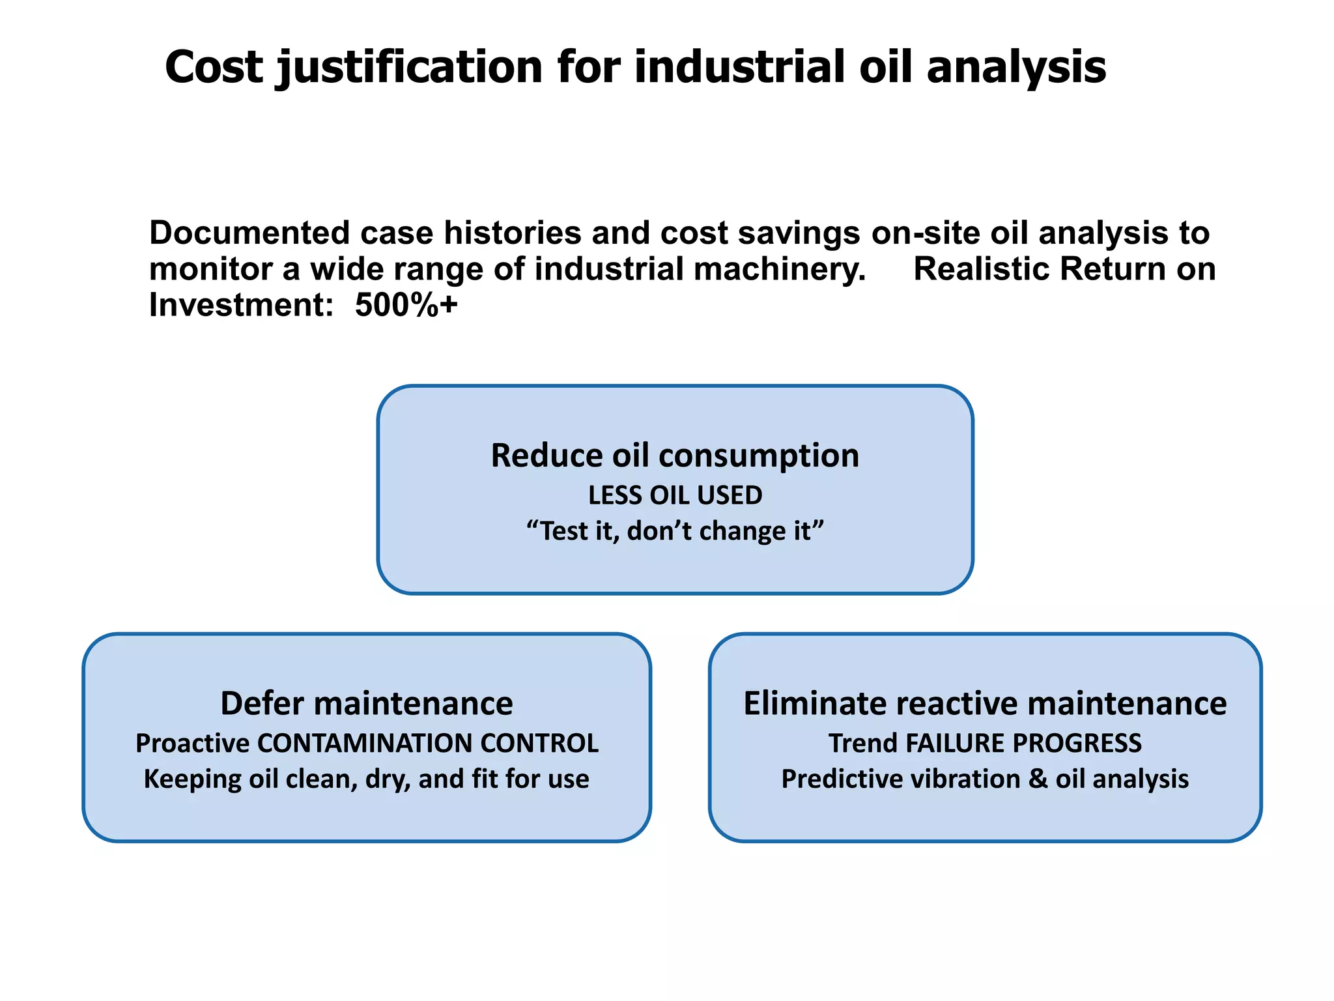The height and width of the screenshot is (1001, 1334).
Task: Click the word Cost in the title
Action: click(214, 67)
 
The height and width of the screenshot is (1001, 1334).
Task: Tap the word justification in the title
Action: click(410, 68)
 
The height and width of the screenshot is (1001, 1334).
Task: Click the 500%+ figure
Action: click(406, 305)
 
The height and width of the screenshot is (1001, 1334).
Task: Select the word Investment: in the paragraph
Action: click(242, 305)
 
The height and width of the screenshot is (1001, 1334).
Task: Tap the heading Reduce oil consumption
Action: click(675, 455)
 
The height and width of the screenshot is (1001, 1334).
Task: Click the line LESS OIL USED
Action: click(675, 496)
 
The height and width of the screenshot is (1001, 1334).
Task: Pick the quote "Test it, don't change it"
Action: click(675, 531)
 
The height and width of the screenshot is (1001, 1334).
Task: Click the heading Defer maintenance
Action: click(367, 704)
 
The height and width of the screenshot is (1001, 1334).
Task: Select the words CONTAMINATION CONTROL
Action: click(428, 744)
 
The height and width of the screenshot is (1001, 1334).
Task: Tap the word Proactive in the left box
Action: click(192, 744)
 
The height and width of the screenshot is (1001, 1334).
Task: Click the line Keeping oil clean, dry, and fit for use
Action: click(367, 779)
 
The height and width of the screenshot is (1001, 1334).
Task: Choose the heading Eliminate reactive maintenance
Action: click(985, 704)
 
